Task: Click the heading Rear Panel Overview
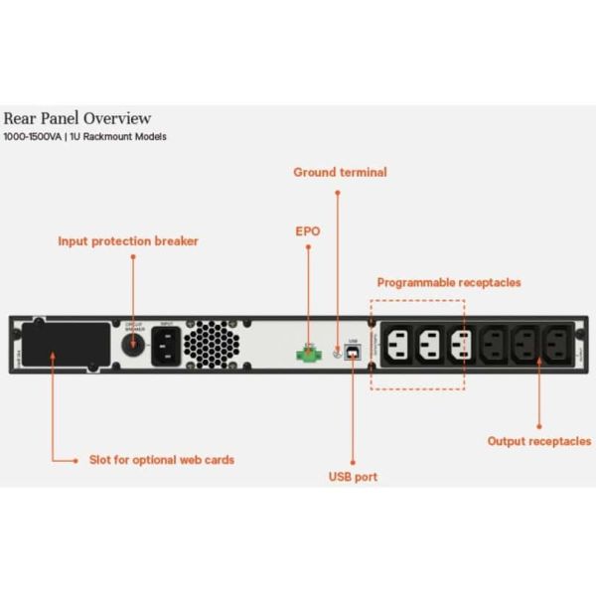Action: click(77, 118)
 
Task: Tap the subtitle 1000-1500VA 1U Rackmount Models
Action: click(84, 137)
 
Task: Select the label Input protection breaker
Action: click(128, 240)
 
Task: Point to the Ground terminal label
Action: click(340, 172)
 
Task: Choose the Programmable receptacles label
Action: click(448, 282)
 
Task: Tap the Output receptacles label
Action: click(538, 440)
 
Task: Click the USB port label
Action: click(353, 477)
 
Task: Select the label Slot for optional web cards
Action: click(162, 460)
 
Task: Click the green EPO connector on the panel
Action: click(308, 351)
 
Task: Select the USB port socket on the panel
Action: click(353, 352)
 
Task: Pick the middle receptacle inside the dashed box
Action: click(430, 345)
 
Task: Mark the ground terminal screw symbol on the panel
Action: click(338, 351)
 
